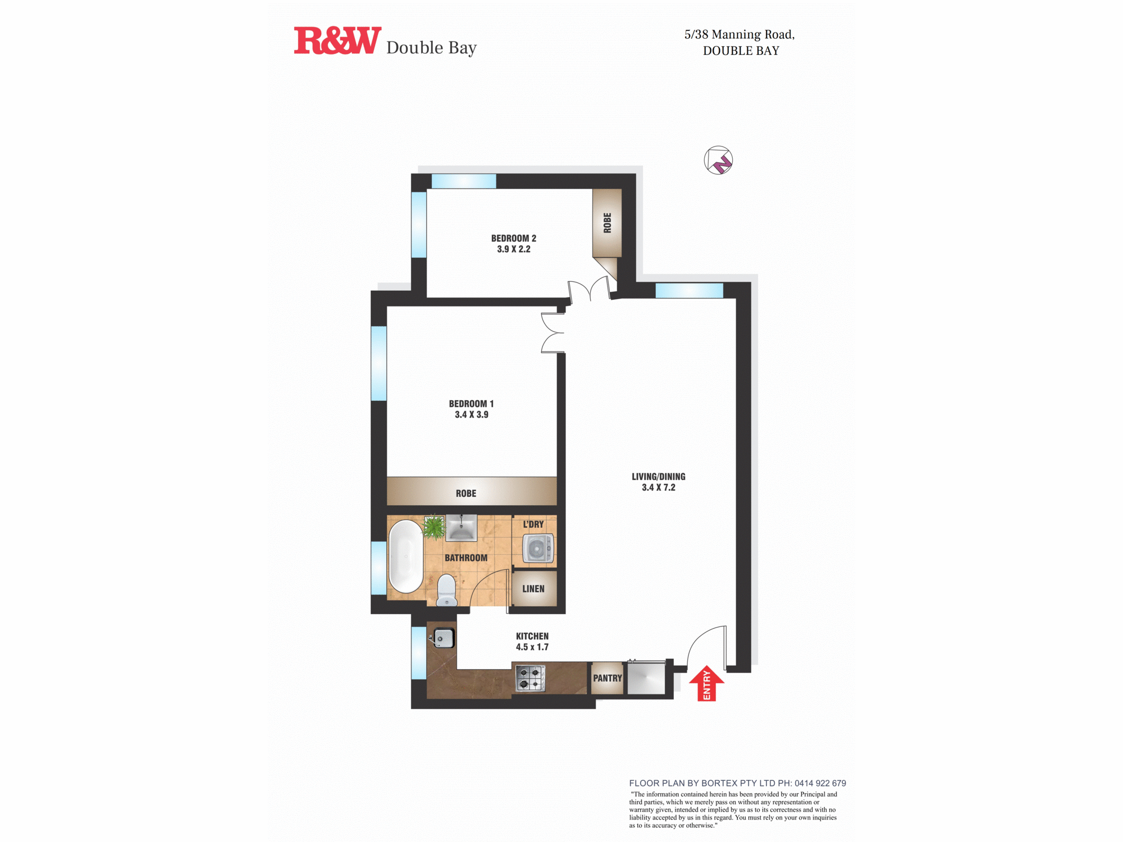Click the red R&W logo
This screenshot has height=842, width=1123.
tap(337, 40)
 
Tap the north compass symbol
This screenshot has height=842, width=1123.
tap(718, 160)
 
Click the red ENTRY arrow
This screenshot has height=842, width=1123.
tap(706, 683)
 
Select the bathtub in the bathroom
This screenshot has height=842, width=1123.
tap(405, 556)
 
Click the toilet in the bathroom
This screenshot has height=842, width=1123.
tap(447, 590)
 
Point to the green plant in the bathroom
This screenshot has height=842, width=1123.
tap(433, 527)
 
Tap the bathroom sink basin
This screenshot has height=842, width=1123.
tap(461, 528)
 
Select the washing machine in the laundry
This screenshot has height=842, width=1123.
tap(538, 548)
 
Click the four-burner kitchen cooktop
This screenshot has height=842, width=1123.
tap(530, 678)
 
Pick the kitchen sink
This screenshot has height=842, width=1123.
tap(443, 638)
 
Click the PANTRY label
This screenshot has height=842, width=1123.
tap(608, 678)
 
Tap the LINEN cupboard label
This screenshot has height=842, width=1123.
tap(533, 589)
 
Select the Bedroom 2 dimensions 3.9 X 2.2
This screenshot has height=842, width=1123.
tap(514, 249)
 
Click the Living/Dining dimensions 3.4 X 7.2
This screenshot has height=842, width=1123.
tap(659, 487)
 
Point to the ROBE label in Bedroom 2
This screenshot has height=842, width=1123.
tap(607, 223)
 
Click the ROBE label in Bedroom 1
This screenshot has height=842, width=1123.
tap(466, 493)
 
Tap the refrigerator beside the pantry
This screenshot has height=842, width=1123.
tap(646, 678)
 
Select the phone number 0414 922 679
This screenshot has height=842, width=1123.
tap(820, 783)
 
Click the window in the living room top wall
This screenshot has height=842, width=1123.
tap(690, 290)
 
